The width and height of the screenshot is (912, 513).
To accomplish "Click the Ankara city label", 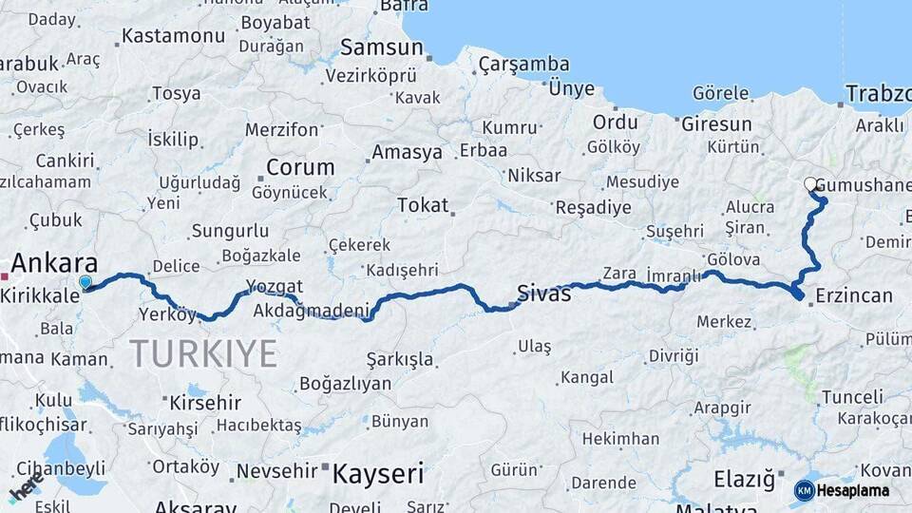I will click(x=55, y=264).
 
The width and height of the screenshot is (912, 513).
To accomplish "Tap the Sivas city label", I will click(x=544, y=293).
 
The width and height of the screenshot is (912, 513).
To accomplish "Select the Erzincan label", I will click(x=853, y=295).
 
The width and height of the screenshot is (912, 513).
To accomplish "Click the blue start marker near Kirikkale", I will click(x=86, y=282).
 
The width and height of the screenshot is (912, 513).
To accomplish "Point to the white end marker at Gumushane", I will click(x=810, y=184).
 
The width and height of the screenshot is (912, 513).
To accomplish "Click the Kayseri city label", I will click(x=376, y=473).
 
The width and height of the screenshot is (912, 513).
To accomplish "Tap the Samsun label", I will click(x=381, y=47).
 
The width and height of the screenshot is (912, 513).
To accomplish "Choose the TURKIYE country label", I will click(x=203, y=353).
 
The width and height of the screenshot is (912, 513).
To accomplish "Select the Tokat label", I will click(x=422, y=205).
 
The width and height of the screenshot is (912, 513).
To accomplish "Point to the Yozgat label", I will click(x=274, y=286).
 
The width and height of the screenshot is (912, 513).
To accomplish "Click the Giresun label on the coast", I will click(x=716, y=124).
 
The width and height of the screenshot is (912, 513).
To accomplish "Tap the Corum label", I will click(x=300, y=168).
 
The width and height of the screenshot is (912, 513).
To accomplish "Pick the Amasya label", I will click(x=407, y=152).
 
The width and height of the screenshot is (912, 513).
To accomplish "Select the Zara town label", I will click(x=619, y=273).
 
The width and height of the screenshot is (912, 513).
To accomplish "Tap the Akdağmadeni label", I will click(x=311, y=311).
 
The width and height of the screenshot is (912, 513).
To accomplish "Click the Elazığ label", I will click(x=744, y=480).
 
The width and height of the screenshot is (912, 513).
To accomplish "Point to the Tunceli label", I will click(x=851, y=396).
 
